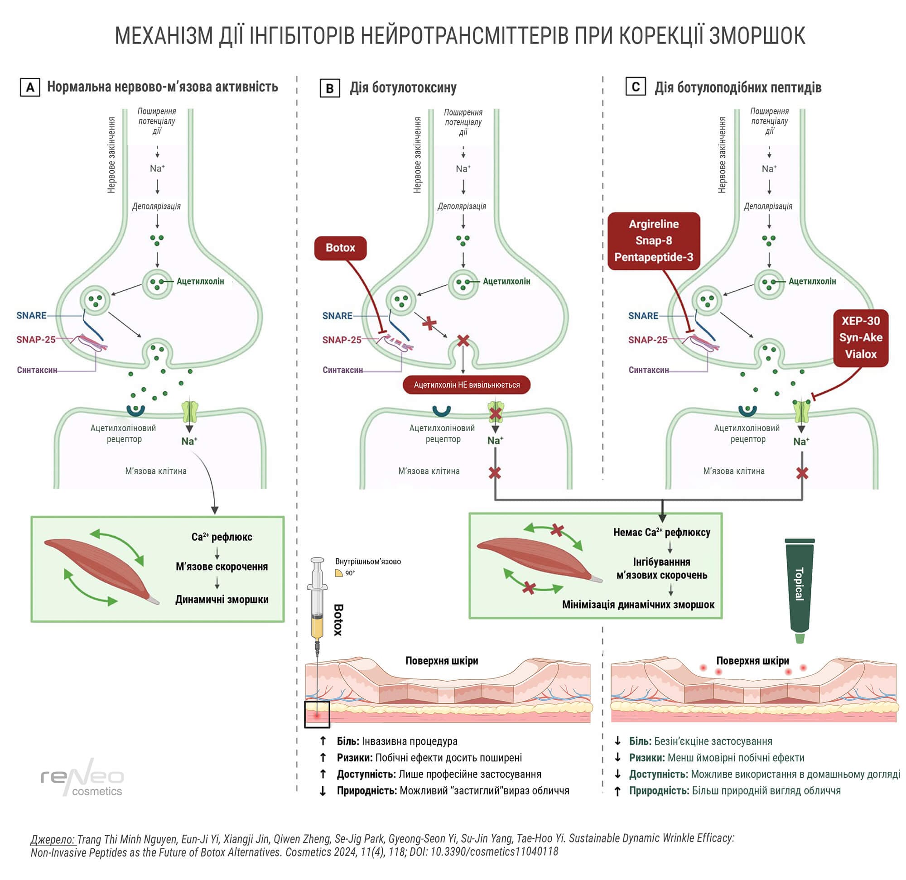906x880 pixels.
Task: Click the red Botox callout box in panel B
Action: (x=340, y=248)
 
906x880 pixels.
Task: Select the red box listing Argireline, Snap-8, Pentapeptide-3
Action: (x=654, y=241)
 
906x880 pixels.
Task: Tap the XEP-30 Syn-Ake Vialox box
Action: (x=860, y=338)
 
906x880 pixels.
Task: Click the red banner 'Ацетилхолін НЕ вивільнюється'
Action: (x=467, y=385)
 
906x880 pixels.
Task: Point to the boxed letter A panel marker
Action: (x=30, y=87)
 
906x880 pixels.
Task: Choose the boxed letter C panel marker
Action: (x=635, y=87)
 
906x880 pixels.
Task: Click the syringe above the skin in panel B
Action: (x=317, y=601)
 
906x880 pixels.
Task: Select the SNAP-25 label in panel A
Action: (x=36, y=340)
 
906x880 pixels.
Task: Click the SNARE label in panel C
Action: (x=643, y=316)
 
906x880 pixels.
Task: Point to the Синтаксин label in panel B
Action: (x=342, y=370)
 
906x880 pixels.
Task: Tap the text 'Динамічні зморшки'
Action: (x=222, y=600)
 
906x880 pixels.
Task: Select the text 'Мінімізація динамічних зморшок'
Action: (x=638, y=605)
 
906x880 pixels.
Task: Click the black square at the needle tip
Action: (x=317, y=715)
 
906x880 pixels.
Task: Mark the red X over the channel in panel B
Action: (x=495, y=413)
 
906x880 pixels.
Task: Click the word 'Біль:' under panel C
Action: (x=640, y=741)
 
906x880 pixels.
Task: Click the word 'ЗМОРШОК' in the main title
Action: (x=757, y=36)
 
